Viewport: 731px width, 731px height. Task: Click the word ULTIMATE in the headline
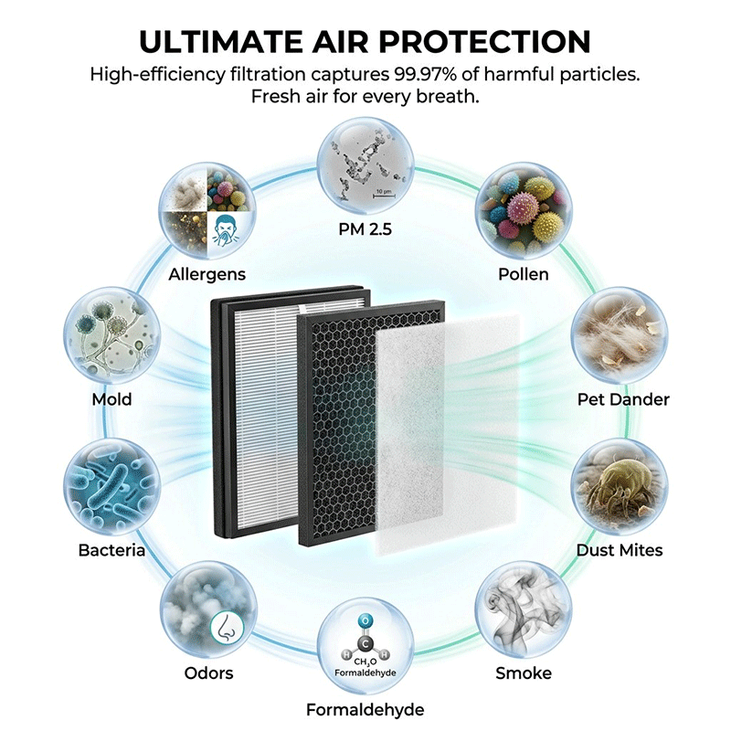pos(221,41)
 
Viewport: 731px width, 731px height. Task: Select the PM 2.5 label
pos(365,229)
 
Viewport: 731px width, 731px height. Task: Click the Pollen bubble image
pos(524,211)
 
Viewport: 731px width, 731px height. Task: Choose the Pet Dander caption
pos(623,399)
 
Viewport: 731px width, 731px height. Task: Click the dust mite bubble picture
pos(620,487)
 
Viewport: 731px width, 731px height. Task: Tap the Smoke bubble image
pos(524,609)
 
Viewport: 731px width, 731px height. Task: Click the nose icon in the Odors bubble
pos(227,628)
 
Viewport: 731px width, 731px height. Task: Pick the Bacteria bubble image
pos(111,487)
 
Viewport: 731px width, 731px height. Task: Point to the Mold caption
pos(111,399)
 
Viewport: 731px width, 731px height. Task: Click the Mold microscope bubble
pos(111,335)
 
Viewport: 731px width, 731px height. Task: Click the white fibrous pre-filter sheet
pos(448,433)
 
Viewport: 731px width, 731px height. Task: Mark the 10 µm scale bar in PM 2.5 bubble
pos(384,196)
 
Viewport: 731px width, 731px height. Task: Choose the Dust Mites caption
pos(620,551)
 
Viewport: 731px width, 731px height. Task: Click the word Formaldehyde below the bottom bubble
pos(365,710)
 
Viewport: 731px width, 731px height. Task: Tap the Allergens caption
pos(207,275)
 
